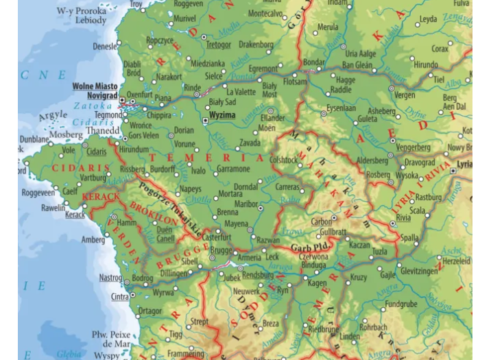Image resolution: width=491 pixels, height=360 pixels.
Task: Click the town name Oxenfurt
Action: pyautogui.click(x=141, y=93)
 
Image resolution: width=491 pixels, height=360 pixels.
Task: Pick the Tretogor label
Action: pyautogui.click(x=219, y=45)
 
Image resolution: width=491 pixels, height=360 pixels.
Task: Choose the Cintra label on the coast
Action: pyautogui.click(x=119, y=297)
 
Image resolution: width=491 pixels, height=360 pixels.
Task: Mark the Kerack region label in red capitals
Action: pyautogui.click(x=101, y=197)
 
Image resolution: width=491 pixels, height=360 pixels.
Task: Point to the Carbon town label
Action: pyautogui.click(x=322, y=221)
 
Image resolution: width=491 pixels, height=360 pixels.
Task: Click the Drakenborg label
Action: pyautogui.click(x=256, y=45)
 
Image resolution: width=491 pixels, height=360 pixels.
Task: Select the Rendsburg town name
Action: pyautogui.click(x=258, y=276)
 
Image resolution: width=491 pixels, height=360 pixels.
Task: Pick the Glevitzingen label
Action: pyautogui.click(x=418, y=271)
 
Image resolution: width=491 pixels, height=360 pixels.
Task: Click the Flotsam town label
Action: pyautogui.click(x=296, y=82)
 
